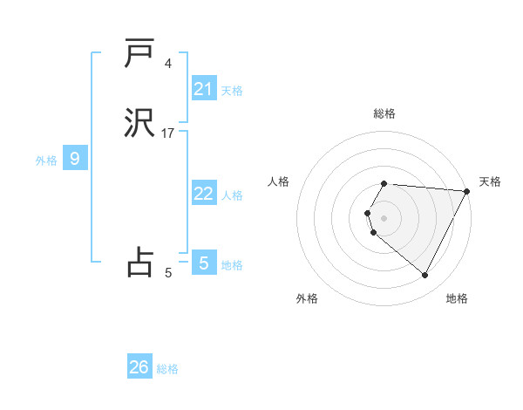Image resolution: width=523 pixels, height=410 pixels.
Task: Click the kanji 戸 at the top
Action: [x=139, y=53]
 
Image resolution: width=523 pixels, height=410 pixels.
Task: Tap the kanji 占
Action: [x=139, y=262]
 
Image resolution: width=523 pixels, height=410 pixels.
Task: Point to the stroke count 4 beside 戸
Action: [x=168, y=63]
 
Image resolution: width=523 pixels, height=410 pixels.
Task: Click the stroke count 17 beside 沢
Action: [x=168, y=133]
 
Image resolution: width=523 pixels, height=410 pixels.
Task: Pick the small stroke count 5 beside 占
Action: [x=168, y=273]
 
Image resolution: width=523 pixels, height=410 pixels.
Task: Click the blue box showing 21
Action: [x=204, y=88]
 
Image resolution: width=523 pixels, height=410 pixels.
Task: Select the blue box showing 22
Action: [x=204, y=194]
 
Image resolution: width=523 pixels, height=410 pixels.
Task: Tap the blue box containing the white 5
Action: [x=204, y=263]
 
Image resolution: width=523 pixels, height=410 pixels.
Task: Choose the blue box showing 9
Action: [x=75, y=159]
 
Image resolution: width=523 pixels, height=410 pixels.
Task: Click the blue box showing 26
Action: [x=139, y=367]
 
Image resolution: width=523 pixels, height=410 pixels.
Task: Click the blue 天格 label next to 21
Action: [x=232, y=90]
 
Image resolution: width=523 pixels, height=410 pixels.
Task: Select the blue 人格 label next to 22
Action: [x=232, y=195]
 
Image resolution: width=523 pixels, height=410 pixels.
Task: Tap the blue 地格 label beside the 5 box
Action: [x=232, y=264]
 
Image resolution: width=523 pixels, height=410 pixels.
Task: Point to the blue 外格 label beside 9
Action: [x=46, y=161]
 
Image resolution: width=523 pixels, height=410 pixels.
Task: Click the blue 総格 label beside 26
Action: [x=167, y=369]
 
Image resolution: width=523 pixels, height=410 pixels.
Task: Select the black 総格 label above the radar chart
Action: [x=384, y=113]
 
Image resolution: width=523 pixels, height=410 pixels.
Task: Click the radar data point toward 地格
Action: [x=425, y=276]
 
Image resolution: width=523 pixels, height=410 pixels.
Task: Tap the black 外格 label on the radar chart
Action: [x=307, y=299]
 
